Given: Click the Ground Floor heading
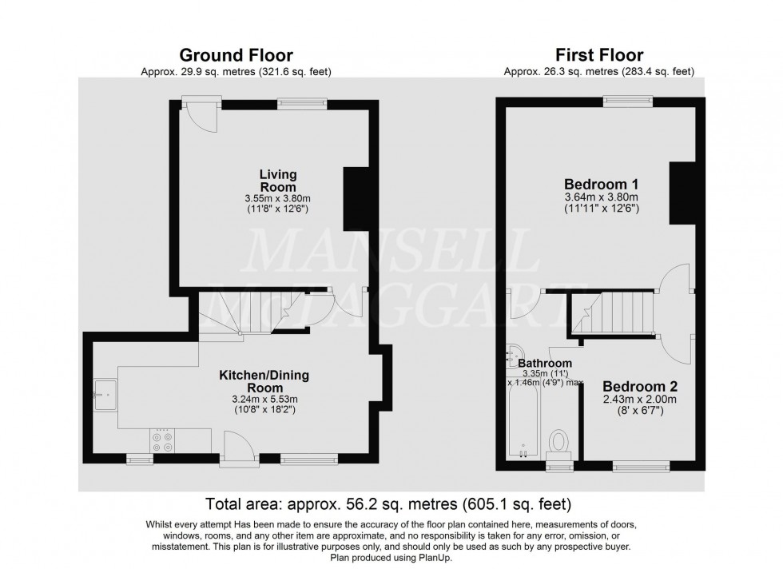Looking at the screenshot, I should [x=235, y=55].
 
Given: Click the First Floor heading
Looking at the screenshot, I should [x=599, y=55].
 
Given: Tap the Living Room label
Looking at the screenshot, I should [x=278, y=180].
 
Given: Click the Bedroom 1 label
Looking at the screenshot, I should [x=603, y=183].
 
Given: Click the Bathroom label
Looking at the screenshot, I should [x=546, y=363].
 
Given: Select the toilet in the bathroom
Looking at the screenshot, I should [x=561, y=441].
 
